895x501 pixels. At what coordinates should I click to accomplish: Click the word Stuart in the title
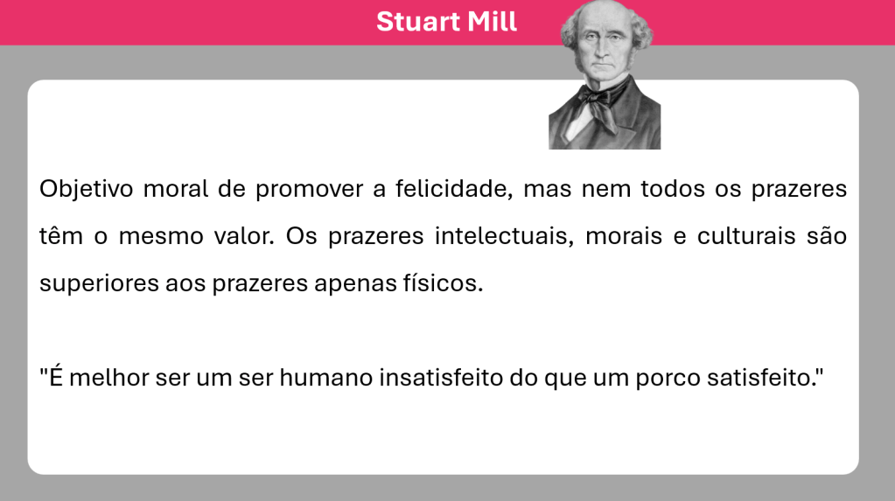click(x=418, y=22)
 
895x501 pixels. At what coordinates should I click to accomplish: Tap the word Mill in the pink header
click(x=492, y=21)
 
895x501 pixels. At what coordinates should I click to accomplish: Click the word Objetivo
click(x=87, y=189)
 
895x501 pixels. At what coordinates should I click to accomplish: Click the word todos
click(x=673, y=189)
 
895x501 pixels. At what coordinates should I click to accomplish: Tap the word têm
click(x=61, y=236)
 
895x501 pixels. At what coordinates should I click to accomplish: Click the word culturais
click(x=746, y=236)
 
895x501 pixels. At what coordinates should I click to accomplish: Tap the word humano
click(x=326, y=378)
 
